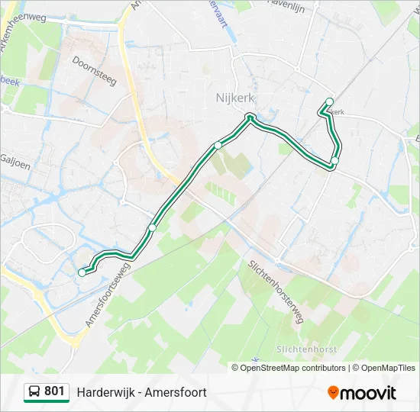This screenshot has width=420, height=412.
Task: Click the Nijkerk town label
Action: (234, 98)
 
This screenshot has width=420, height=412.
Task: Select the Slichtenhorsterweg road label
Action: (276, 291)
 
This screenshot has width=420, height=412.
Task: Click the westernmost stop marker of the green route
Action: (82, 272)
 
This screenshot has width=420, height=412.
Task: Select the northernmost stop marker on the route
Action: (330, 101)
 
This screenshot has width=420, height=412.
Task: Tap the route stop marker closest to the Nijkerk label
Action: (249, 117)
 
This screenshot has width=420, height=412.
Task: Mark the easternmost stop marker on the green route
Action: (334, 160)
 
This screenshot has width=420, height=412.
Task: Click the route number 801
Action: (54, 391)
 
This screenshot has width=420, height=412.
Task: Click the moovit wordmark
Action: (368, 393)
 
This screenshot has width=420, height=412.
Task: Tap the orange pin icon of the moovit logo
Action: (333, 393)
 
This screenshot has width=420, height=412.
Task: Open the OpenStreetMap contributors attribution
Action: (293, 368)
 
